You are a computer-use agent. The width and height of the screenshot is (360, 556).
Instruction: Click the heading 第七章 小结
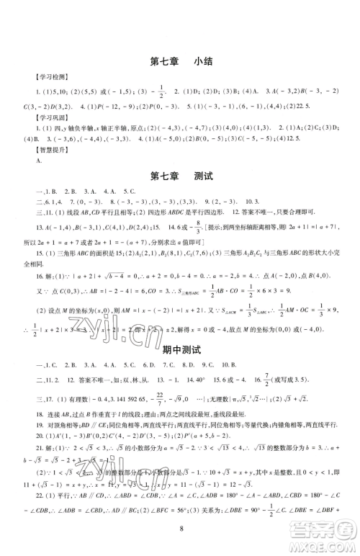coord(179,62)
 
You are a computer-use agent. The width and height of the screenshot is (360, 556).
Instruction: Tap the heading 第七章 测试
coord(179,176)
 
